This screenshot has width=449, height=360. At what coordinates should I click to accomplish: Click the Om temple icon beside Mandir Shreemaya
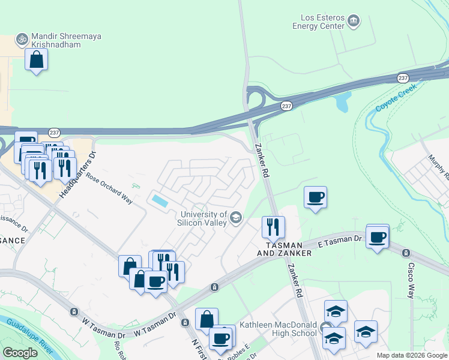coord(22,38)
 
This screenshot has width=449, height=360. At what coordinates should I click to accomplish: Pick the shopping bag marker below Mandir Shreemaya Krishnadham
coord(37,59)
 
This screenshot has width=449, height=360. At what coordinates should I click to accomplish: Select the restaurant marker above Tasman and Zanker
coord(273,227)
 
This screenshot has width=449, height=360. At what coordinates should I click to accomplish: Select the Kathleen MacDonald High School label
coord(278,329)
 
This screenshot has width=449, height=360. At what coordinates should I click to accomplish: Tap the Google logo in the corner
coord(20,352)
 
